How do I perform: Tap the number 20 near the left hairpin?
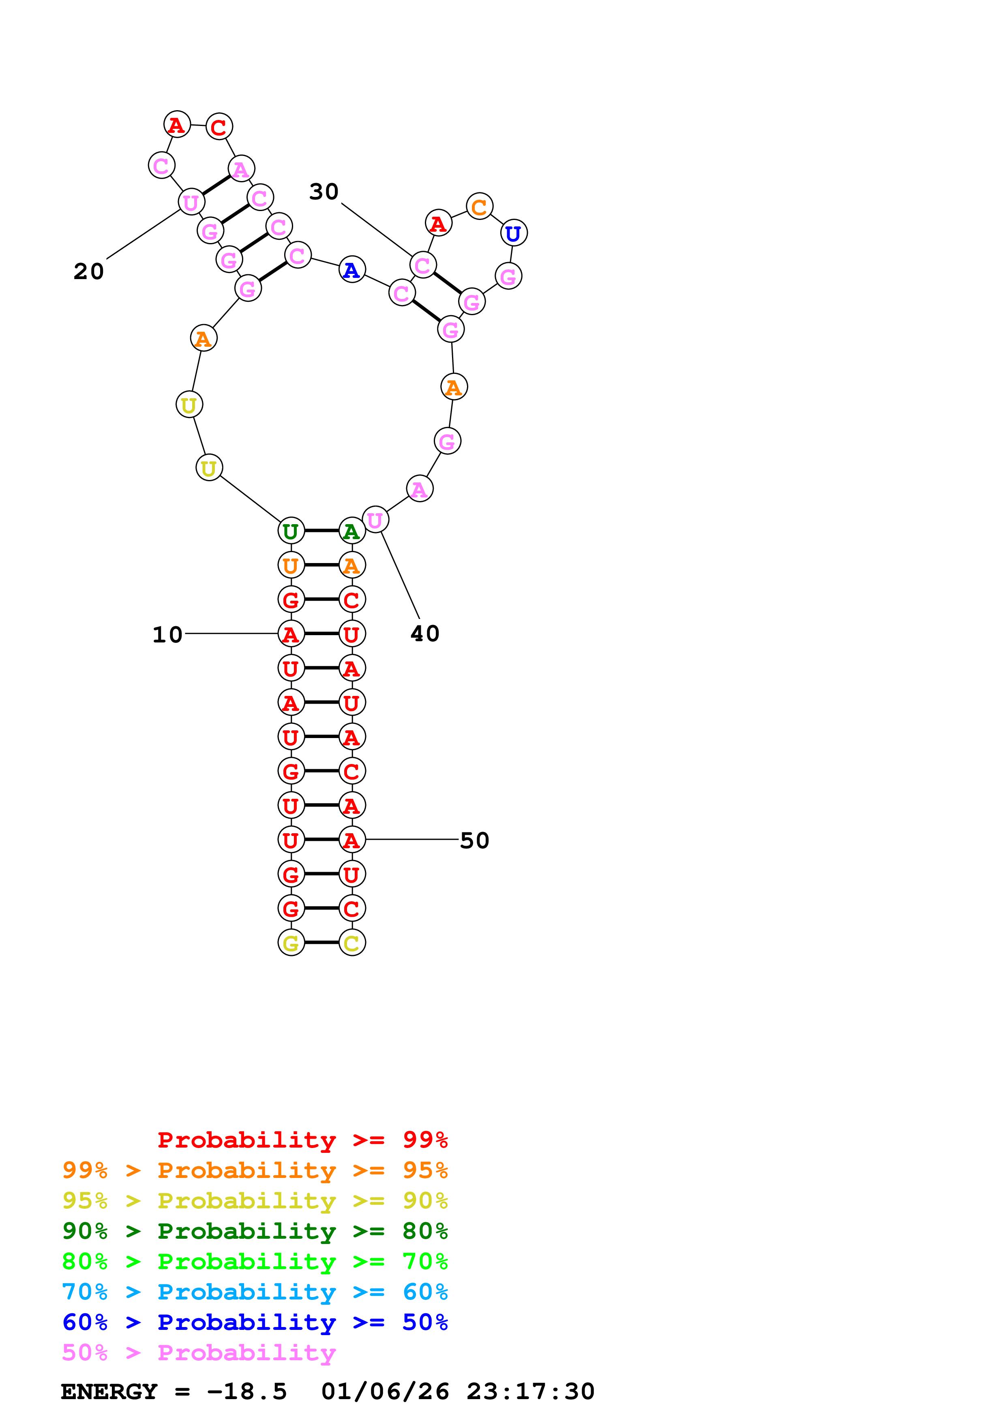point(88,271)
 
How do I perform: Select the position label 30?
point(324,192)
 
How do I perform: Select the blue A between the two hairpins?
point(352,270)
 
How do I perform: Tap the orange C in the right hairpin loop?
point(479,207)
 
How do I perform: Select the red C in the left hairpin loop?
point(219,127)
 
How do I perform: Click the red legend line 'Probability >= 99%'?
point(303,1140)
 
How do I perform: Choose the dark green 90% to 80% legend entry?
point(255,1231)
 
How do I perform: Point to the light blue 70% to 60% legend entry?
point(255,1292)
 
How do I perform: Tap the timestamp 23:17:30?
point(531,1392)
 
